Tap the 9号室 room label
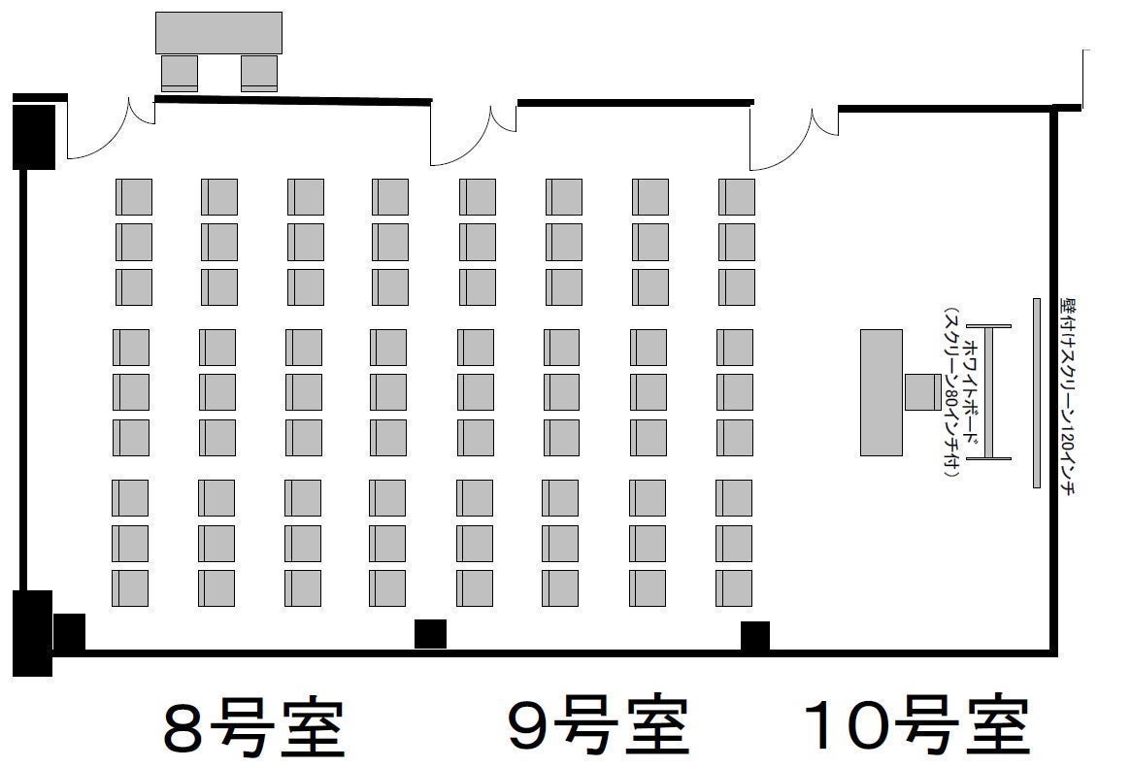coord(598,726)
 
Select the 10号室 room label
coord(915,726)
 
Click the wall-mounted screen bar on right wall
coord(1036,392)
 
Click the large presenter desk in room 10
coord(881,392)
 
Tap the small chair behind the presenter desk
coord(921,392)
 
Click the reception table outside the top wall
coord(218,33)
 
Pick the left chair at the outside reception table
coord(180,73)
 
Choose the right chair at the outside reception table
coord(259,73)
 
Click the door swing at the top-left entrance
coord(107,131)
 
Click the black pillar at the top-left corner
coord(33,136)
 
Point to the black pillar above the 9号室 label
coord(430,633)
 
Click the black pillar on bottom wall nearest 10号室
coord(755,636)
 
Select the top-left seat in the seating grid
coord(134,197)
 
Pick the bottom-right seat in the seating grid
coord(734,588)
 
